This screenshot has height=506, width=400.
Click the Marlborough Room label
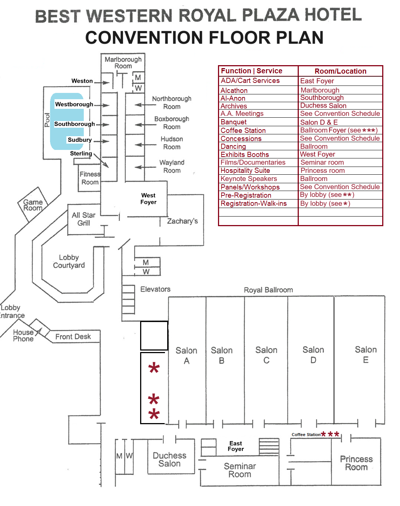[x=123, y=63]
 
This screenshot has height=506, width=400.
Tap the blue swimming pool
[x=67, y=121]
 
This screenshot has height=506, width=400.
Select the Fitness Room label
[x=90, y=178]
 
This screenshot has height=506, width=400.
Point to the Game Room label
[x=33, y=205]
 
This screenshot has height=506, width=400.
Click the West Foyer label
[x=148, y=199]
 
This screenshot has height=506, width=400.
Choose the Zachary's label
[x=182, y=221]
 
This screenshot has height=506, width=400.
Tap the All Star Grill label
[x=84, y=219]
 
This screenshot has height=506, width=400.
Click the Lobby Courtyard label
[x=69, y=261]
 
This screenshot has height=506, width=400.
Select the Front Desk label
[x=73, y=337]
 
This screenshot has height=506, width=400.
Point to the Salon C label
[x=266, y=355]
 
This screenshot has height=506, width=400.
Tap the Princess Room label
[x=356, y=463]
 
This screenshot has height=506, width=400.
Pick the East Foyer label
[x=236, y=446]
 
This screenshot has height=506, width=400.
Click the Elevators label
[x=155, y=289]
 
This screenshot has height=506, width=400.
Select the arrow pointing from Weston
[x=102, y=83]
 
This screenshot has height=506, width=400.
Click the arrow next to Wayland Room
[x=145, y=167]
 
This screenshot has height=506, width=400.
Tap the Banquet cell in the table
[x=234, y=122]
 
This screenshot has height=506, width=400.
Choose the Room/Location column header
[x=340, y=71]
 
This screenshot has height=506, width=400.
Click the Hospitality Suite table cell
[x=245, y=171]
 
